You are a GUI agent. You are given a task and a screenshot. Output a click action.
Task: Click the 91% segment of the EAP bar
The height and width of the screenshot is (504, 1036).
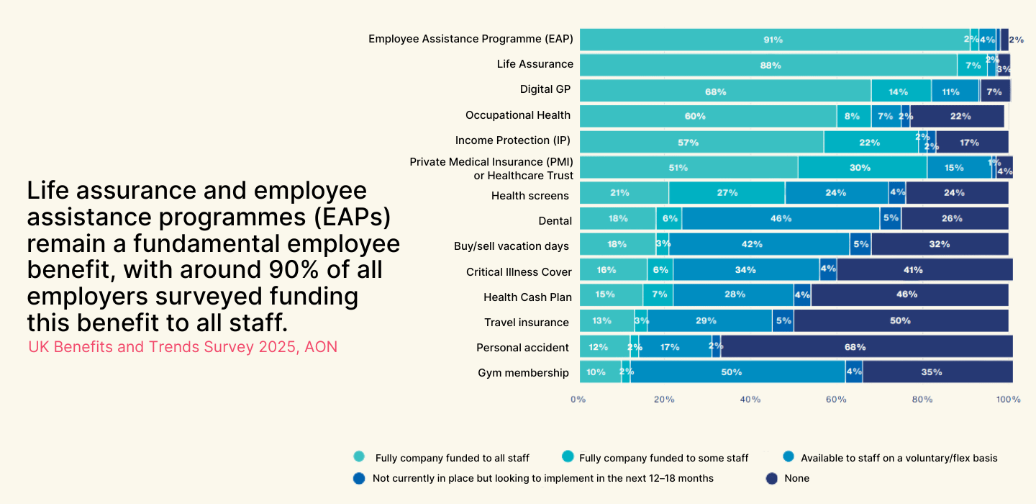point(774,40)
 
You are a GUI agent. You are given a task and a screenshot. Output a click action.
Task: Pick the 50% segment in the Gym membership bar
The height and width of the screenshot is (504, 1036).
point(737,372)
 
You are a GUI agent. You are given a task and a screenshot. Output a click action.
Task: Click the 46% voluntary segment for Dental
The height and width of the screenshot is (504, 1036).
point(781,218)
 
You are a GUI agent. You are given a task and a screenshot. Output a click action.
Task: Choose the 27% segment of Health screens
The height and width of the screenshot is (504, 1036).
point(727,193)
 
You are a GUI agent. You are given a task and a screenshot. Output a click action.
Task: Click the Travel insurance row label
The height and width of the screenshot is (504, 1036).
point(526,323)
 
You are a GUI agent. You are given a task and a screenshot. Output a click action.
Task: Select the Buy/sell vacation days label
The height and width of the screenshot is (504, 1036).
point(511,246)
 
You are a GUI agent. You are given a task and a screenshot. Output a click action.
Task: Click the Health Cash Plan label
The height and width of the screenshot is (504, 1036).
point(527,297)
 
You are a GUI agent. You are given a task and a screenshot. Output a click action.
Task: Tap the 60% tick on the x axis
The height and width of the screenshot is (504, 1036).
point(836,399)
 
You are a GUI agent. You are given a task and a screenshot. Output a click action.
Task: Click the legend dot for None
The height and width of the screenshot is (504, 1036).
point(772,478)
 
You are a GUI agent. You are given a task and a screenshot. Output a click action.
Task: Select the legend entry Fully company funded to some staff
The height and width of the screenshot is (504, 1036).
point(663,458)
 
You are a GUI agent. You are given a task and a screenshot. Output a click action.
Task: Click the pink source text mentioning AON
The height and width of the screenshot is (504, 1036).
point(183,347)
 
